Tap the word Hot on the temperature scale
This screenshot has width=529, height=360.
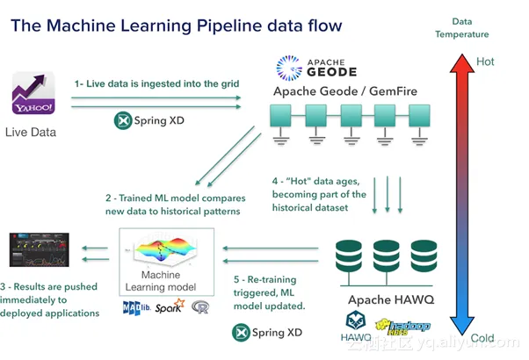(x=486, y=62)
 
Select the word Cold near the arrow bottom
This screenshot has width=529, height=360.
(x=483, y=339)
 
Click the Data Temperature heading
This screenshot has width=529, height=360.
(x=470, y=27)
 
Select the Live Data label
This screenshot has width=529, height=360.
(x=31, y=133)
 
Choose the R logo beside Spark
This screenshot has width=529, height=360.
(x=201, y=308)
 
